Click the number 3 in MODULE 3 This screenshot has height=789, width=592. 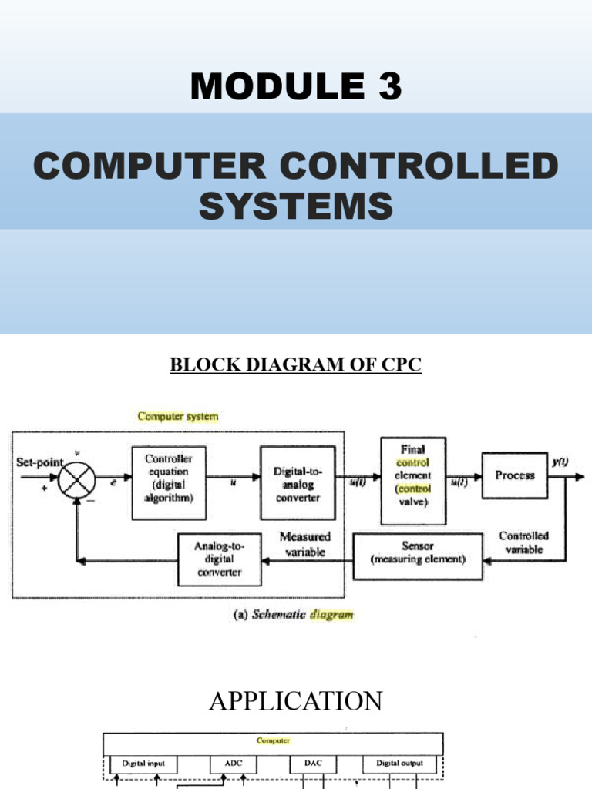[x=388, y=86]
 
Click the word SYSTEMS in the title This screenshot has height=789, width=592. [x=296, y=206]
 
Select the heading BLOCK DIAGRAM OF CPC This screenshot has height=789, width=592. [x=296, y=364]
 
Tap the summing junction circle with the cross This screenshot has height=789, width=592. [x=76, y=477]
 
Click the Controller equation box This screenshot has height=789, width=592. [x=169, y=482]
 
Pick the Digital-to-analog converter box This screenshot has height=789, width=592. [x=297, y=483]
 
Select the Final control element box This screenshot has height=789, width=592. [x=412, y=481]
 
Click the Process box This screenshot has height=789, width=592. [x=514, y=475]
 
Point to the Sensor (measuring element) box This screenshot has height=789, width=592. [x=417, y=552]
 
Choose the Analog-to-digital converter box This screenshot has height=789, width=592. [x=219, y=559]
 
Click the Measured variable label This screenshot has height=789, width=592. [x=305, y=544]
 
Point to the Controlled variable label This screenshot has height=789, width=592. [x=523, y=542]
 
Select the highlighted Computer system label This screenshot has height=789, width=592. [x=178, y=416]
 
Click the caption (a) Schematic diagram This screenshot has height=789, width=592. [x=293, y=615]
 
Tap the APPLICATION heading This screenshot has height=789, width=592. [x=296, y=701]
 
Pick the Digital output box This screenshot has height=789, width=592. [x=399, y=764]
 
